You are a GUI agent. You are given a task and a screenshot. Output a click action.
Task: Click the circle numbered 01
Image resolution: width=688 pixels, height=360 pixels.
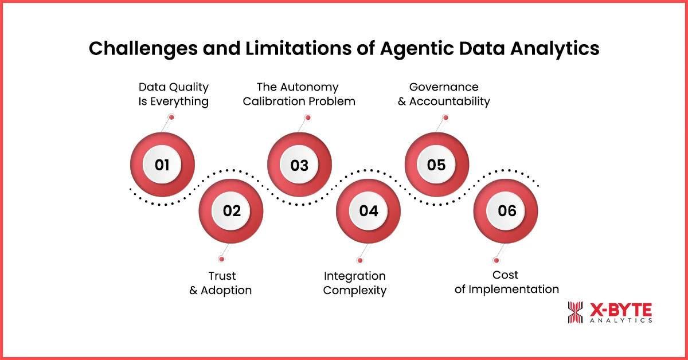(x=162, y=165)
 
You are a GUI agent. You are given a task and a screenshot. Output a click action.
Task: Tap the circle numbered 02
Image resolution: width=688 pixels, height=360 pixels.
(x=231, y=210)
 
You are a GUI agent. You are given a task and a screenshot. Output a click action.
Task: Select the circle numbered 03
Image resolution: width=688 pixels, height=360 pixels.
(x=299, y=165)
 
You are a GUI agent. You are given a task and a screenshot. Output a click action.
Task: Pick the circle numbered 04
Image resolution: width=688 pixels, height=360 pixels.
(x=368, y=210)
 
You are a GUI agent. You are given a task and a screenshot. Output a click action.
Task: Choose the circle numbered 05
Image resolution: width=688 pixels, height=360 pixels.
(x=436, y=165)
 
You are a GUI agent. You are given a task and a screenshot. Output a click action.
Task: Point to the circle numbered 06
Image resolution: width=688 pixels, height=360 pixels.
(x=506, y=210)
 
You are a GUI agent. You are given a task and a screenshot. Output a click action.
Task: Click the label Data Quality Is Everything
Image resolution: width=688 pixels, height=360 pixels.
(x=174, y=94)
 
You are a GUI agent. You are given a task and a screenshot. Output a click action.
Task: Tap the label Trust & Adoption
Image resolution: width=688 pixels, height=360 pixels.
(x=221, y=283)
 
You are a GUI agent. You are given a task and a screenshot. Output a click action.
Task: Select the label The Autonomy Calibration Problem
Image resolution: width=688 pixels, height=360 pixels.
(x=299, y=94)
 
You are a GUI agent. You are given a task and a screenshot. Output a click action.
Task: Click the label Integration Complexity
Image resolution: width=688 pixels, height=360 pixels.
(x=355, y=283)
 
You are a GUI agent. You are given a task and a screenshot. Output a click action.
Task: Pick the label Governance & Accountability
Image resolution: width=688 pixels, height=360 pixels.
(x=443, y=94)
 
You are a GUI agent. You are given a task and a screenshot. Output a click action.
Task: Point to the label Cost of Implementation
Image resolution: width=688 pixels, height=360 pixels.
(x=506, y=282)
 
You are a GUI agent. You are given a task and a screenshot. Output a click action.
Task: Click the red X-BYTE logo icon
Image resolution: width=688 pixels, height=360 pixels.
(x=575, y=312)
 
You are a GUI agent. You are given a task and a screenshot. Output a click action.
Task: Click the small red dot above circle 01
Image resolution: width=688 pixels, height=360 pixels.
(x=171, y=118)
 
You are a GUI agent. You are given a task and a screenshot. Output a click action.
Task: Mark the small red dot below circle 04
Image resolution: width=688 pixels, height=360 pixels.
(x=359, y=260)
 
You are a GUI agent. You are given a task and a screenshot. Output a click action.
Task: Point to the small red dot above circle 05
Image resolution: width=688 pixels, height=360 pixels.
(x=445, y=118)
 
